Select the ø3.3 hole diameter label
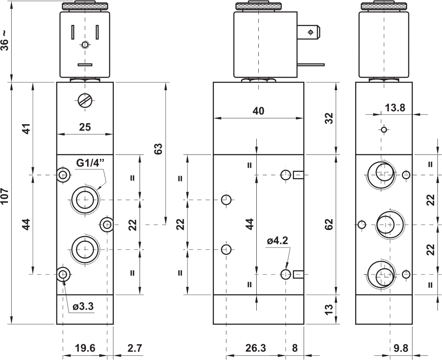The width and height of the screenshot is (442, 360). pyautogui.click(x=83, y=306)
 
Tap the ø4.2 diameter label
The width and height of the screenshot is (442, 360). pyautogui.click(x=277, y=240)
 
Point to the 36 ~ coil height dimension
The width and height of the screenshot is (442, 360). pyautogui.click(x=5, y=41)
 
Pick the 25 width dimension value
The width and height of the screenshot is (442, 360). pyautogui.click(x=85, y=127)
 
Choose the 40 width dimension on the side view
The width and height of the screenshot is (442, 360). pyautogui.click(x=258, y=111)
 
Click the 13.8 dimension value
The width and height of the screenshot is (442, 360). pyautogui.click(x=395, y=108)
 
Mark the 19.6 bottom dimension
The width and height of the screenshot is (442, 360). pyautogui.click(x=85, y=348)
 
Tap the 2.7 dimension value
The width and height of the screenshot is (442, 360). pyautogui.click(x=135, y=348)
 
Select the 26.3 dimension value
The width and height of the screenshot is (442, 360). pyautogui.click(x=255, y=348)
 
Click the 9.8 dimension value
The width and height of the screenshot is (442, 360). pyautogui.click(x=400, y=348)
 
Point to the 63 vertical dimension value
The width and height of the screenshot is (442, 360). pyautogui.click(x=159, y=149)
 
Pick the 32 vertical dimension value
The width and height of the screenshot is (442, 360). pyautogui.click(x=329, y=118)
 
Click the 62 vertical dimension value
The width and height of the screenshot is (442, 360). pyautogui.click(x=329, y=225)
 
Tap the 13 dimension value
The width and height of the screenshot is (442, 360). pyautogui.click(x=329, y=309)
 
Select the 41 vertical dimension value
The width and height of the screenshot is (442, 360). pyautogui.click(x=26, y=129)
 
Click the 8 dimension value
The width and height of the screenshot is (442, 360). pyautogui.click(x=295, y=348)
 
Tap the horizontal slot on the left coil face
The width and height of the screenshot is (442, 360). pyautogui.click(x=85, y=65)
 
